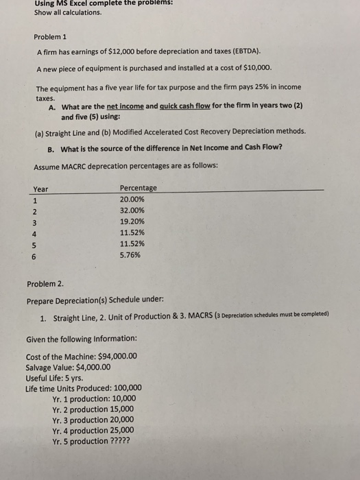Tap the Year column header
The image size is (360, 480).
click(41, 189)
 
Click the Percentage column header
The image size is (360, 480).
click(138, 188)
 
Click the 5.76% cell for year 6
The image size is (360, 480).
click(130, 255)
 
